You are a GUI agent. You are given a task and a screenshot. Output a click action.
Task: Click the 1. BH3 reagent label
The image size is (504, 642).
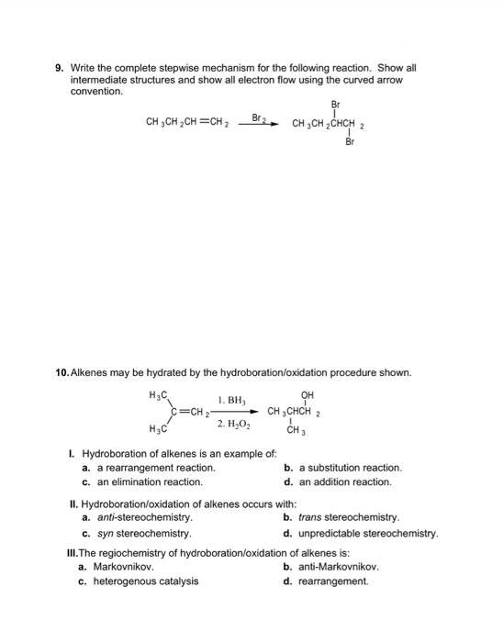tap(232, 401)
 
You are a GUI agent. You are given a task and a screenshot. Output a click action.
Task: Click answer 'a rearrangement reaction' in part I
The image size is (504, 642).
tap(154, 468)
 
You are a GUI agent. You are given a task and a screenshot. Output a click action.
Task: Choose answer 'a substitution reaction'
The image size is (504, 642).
tap(349, 468)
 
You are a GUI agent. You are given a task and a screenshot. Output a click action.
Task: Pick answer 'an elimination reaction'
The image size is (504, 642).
tap(148, 481)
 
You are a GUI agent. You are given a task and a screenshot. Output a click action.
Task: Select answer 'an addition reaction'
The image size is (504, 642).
tap(343, 481)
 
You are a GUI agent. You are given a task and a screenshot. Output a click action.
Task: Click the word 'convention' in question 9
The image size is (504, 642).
tap(96, 92)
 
